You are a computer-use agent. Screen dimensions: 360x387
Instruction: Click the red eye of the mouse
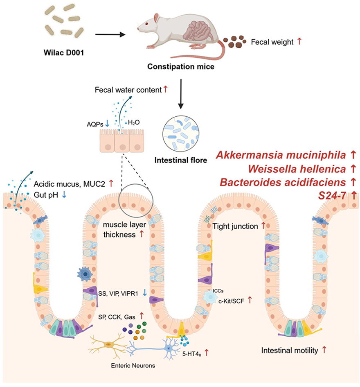pyautogui.click(x=146, y=24)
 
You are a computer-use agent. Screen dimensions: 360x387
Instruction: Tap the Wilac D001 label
pyautogui.click(x=64, y=53)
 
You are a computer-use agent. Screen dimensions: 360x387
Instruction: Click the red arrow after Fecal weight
pyautogui.click(x=299, y=41)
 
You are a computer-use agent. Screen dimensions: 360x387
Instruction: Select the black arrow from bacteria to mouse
pyautogui.click(x=110, y=34)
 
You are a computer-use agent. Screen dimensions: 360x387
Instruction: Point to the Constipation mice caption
pyautogui.click(x=181, y=67)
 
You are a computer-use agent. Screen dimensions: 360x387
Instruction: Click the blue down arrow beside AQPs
pyautogui.click(x=107, y=123)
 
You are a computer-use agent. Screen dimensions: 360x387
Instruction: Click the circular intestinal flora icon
pyautogui.click(x=181, y=134)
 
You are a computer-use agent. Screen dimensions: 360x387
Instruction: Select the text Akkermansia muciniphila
pyautogui.click(x=281, y=155)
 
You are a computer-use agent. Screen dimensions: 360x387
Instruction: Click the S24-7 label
pyautogui.click(x=332, y=196)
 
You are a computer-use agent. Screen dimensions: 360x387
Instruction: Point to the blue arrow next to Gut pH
pyautogui.click(x=64, y=195)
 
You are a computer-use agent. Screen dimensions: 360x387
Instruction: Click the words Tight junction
pyautogui.click(x=235, y=226)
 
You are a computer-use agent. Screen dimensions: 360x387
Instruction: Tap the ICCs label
pyautogui.click(x=218, y=291)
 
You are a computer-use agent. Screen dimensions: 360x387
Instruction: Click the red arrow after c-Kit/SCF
pyautogui.click(x=250, y=300)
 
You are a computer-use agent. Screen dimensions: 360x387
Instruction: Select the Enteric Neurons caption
pyautogui.click(x=133, y=366)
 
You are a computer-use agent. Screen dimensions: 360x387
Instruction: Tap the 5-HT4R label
pyautogui.click(x=192, y=354)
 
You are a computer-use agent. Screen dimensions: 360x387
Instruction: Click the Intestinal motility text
pyautogui.click(x=290, y=351)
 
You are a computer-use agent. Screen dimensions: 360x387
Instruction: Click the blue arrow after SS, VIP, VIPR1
pyautogui.click(x=145, y=293)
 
